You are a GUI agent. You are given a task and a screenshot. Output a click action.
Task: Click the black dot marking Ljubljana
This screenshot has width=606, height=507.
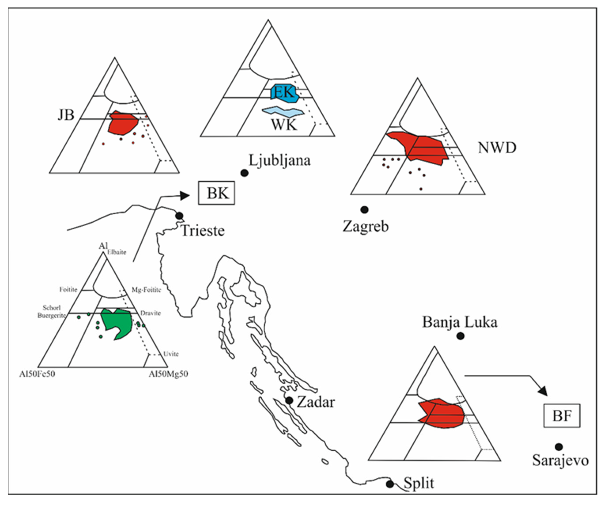pos(244,173)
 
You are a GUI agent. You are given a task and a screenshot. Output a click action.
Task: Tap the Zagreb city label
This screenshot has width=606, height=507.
pos(366,226)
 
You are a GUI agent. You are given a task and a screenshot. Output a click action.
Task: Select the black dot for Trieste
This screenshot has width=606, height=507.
pos(179,216)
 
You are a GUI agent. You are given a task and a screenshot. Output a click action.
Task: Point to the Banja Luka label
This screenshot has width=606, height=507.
pos(460,322)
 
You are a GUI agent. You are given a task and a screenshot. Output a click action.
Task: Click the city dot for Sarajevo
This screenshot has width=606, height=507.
pos(559,447)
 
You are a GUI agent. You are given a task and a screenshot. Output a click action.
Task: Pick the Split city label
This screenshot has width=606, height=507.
pos(419,483)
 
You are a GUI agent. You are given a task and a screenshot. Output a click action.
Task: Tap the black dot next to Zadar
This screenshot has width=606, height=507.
pos(289,400)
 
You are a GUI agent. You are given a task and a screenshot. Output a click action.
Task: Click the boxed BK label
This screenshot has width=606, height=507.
pos(216,193)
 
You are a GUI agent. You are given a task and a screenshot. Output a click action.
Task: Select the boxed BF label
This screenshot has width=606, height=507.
pos(562,416)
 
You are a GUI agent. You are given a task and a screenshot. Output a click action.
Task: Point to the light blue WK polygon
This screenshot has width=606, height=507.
pos(283,111)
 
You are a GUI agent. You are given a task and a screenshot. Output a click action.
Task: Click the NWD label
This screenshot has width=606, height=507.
pos(497,148)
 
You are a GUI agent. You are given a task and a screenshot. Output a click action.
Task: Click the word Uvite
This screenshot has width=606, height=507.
pos(171,354)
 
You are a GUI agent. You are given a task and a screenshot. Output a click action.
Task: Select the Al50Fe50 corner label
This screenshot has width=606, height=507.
pos(37,374)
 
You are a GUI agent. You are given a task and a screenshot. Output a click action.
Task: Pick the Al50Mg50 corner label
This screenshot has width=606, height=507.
pos(168,374)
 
